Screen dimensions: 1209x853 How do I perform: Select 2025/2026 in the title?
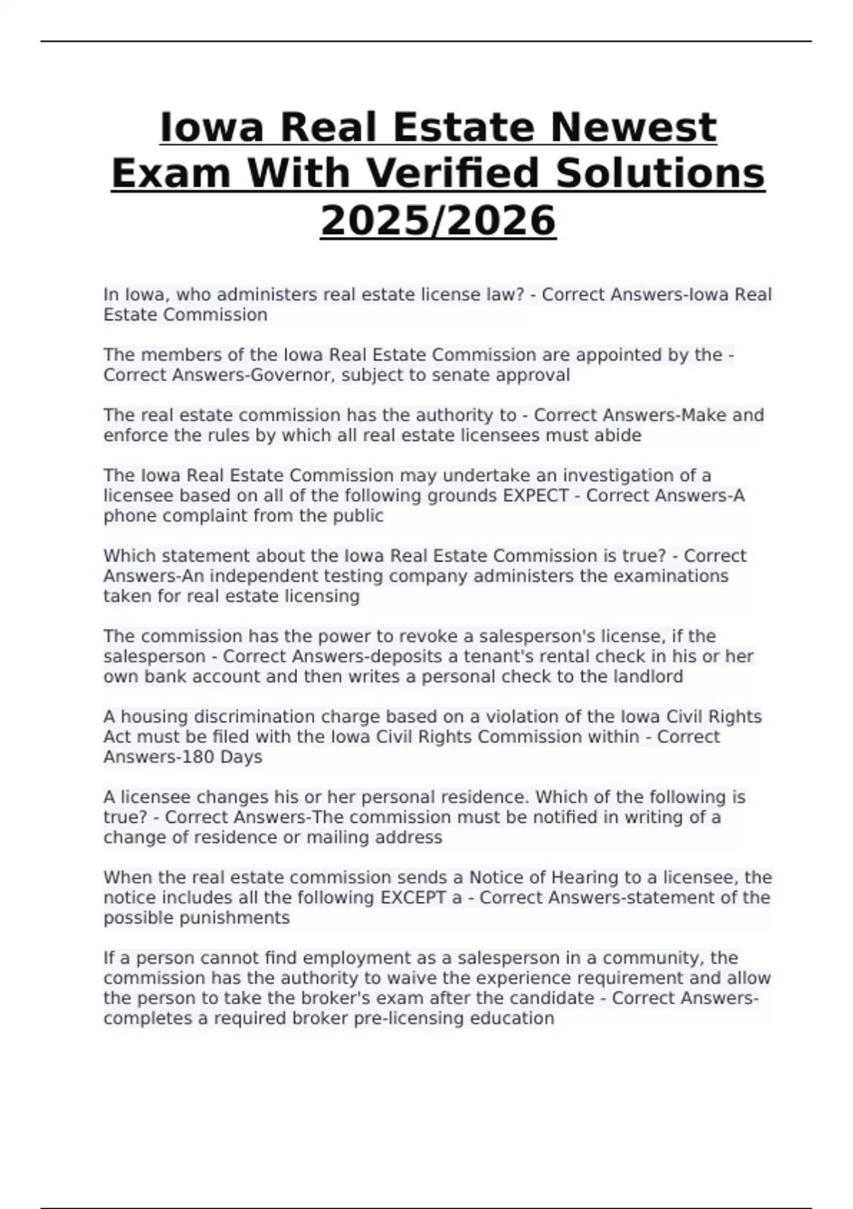coord(438,220)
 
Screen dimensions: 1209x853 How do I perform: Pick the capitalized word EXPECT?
coord(536,495)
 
